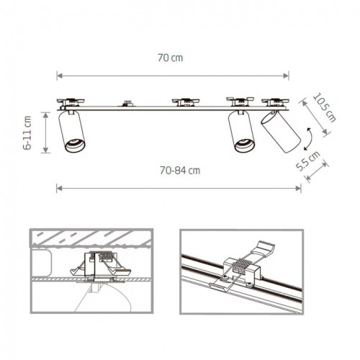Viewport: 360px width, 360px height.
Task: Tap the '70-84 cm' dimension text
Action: click(179, 171)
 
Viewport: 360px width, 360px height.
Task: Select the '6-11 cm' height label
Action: click(28, 132)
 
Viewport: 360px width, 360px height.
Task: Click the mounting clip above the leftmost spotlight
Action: click(72, 102)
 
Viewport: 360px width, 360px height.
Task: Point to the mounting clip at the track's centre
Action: click(184, 102)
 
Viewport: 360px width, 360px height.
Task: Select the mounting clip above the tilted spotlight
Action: click(275, 102)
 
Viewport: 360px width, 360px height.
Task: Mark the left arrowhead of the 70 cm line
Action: click(59, 73)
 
